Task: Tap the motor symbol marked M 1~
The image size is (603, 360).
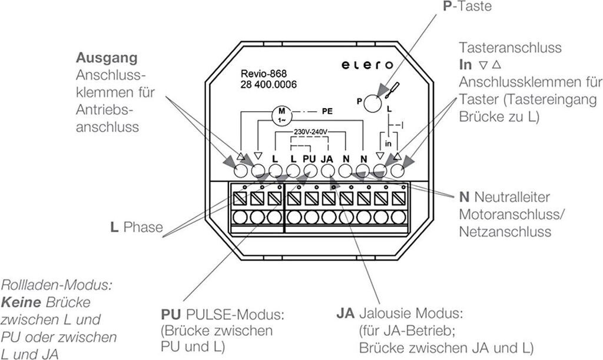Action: (281, 114)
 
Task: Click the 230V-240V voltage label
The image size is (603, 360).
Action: (310, 132)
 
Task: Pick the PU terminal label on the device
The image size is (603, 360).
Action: (310, 158)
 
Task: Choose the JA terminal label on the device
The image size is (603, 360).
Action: (328, 158)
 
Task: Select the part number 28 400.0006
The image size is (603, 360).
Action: (269, 85)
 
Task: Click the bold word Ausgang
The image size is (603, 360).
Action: (107, 58)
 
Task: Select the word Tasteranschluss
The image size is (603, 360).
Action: (511, 48)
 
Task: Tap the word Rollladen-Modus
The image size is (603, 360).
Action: (57, 286)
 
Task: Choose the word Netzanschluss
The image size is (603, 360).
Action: (505, 231)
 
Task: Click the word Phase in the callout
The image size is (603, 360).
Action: (143, 227)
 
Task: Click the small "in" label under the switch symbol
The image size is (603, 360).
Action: (388, 144)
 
